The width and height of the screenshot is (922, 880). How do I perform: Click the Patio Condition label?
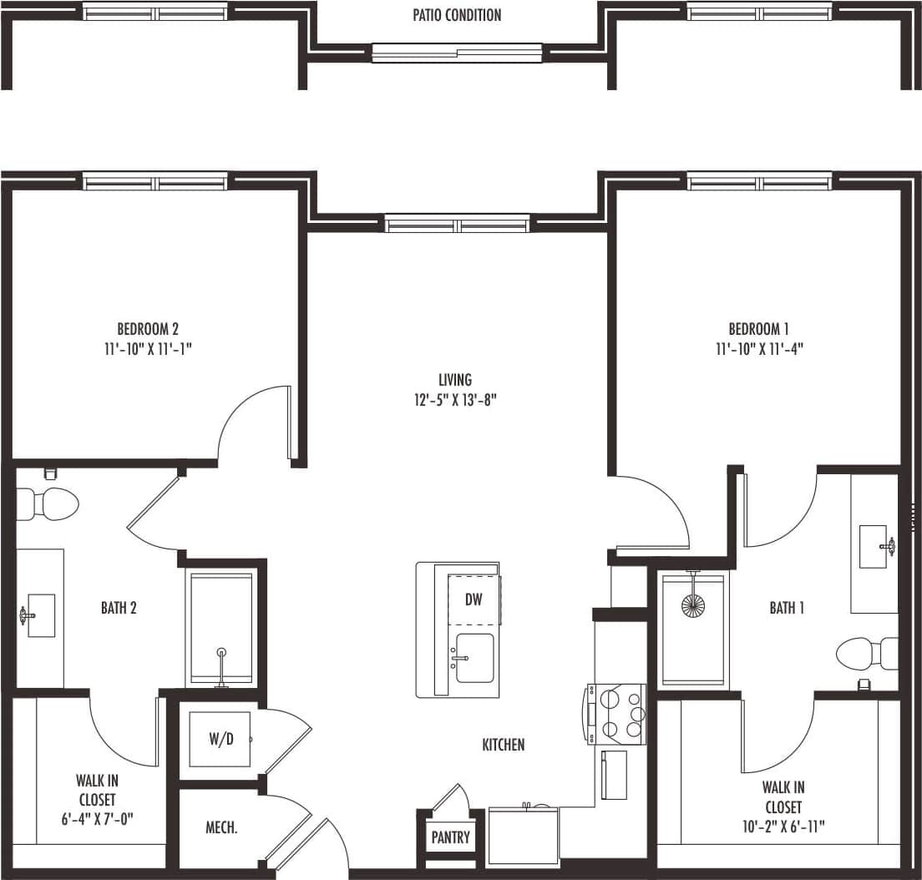(x=457, y=15)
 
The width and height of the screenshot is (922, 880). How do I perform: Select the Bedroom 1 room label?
(x=758, y=328)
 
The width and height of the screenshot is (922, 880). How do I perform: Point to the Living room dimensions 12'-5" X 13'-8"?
(x=455, y=400)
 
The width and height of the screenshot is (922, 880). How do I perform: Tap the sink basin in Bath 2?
(x=40, y=615)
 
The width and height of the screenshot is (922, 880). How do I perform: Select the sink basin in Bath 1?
(x=874, y=547)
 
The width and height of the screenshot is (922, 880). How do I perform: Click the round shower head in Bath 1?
(x=692, y=605)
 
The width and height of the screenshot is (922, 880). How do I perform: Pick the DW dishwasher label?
(x=474, y=599)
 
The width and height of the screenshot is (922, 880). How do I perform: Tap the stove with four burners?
(x=618, y=714)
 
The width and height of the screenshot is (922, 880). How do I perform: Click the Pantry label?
(x=450, y=837)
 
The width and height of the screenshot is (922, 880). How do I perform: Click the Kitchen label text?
(x=503, y=744)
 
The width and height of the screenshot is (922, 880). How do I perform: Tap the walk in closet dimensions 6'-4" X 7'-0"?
(x=97, y=819)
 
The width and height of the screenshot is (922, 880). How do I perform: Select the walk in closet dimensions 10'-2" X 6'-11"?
(x=783, y=827)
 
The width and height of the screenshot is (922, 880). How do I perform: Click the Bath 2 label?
(x=119, y=608)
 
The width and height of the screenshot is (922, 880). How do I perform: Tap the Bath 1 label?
(x=787, y=608)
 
